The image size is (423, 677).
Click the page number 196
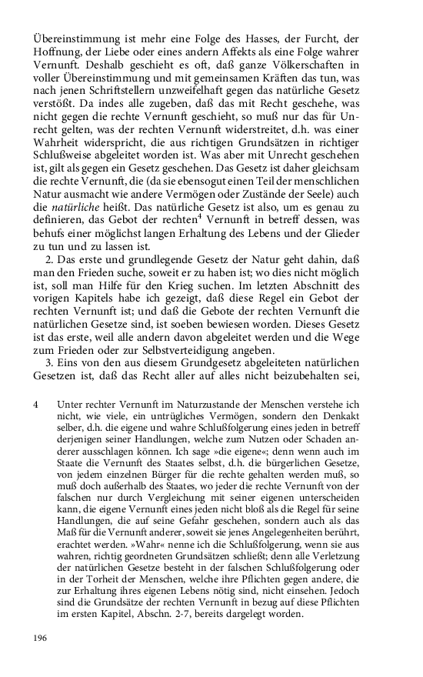click(42, 638)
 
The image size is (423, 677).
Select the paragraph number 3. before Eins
click(52, 375)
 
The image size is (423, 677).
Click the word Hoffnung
click(59, 52)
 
